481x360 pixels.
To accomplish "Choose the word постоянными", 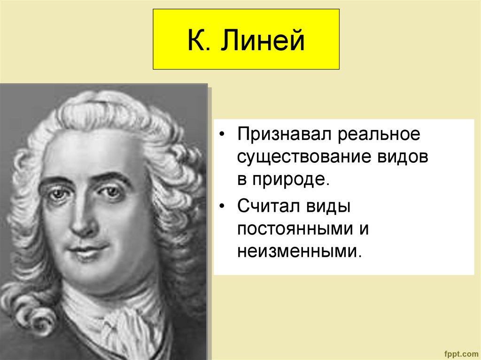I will pyautogui.click(x=295, y=229).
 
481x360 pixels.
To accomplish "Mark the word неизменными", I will pyautogui.click(x=299, y=252).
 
